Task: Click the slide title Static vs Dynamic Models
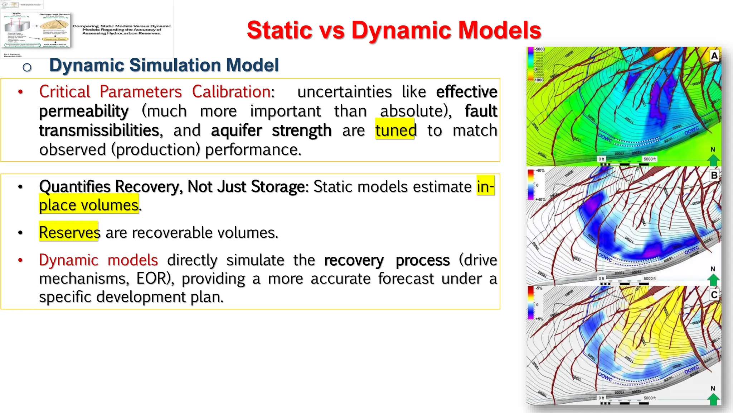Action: click(394, 30)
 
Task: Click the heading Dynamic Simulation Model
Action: click(164, 65)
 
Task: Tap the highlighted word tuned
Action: click(395, 130)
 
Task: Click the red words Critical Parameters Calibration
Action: click(156, 92)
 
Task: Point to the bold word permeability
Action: click(84, 111)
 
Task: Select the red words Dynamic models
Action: click(98, 260)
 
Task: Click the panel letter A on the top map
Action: click(714, 56)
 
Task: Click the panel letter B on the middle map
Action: click(714, 175)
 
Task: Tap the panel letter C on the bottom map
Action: click(714, 295)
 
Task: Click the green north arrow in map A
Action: click(713, 160)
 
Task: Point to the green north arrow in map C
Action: click(713, 399)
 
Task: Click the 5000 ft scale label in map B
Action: click(650, 279)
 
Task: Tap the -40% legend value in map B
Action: click(540, 171)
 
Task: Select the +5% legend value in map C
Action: click(539, 319)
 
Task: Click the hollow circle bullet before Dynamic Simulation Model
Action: click(27, 67)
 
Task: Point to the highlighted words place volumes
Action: click(89, 205)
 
